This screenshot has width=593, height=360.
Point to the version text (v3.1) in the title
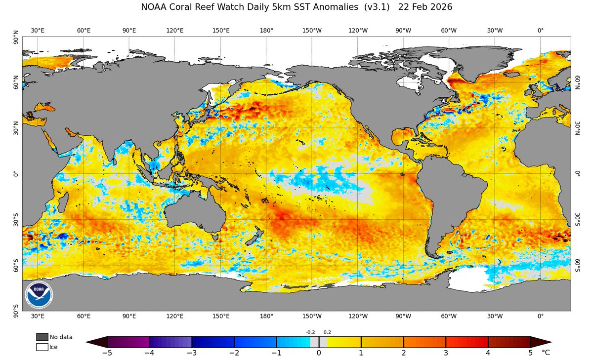click(377, 8)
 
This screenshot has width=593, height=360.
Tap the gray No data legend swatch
click(42, 337)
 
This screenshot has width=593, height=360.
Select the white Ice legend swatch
click(42, 347)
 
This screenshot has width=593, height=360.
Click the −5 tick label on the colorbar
click(107, 353)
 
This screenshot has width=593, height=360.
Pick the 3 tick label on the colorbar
click(446, 353)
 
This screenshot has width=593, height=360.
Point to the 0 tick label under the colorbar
click(319, 353)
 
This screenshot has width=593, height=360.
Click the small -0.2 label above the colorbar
click(310, 332)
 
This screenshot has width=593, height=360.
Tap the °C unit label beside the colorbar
click(546, 353)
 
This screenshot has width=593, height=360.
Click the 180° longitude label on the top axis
click(266, 31)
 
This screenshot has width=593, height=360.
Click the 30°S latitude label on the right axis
click(577, 219)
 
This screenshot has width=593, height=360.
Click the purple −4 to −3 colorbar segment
click(170, 342)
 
